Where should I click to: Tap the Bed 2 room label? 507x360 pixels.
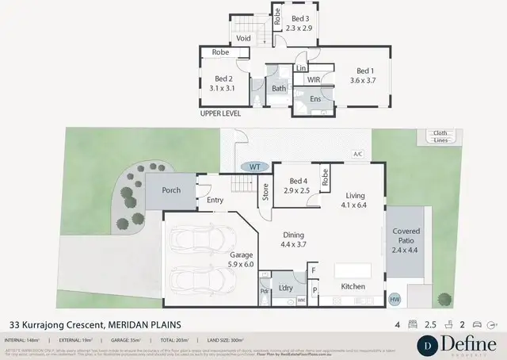coord(223,83)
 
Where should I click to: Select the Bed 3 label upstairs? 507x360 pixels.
coord(299,23)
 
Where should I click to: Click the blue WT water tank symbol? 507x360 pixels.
coord(253,167)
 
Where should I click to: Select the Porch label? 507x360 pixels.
coord(171,190)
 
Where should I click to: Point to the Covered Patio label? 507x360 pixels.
coord(406,239)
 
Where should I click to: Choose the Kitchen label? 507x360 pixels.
coord(353,286)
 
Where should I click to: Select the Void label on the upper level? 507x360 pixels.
coord(244,37)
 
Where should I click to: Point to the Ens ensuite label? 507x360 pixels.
coord(314,99)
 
